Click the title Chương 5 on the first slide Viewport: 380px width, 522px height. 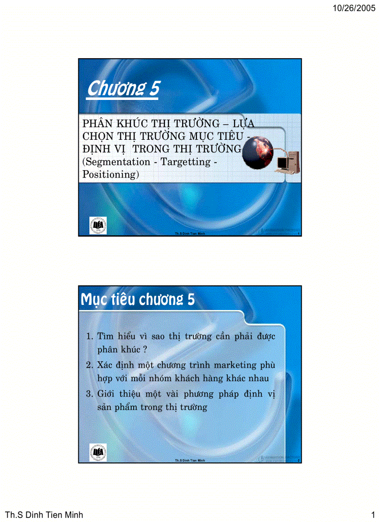[123, 88]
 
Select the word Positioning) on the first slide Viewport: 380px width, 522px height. [111, 175]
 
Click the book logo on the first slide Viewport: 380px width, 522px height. [98, 225]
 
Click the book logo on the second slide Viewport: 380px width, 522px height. [98, 452]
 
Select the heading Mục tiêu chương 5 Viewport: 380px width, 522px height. [138, 300]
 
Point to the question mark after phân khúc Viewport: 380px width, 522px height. [132, 349]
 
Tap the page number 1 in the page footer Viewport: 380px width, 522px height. [373, 515]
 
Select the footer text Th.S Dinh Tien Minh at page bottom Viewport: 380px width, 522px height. [44, 515]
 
